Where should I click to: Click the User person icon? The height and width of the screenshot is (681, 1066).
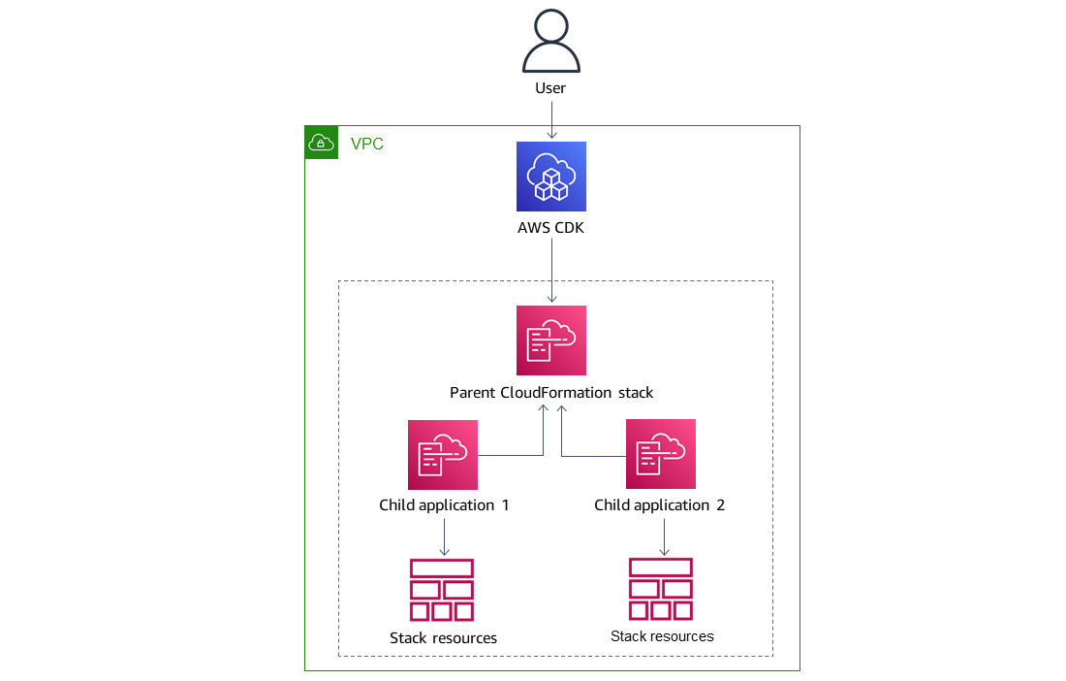tap(550, 42)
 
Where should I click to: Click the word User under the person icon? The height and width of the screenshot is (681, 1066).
tap(550, 88)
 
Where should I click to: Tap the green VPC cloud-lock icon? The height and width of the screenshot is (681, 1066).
tap(321, 143)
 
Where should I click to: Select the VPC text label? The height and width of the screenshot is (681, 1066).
tap(366, 145)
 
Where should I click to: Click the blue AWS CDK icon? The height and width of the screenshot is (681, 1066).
tap(551, 177)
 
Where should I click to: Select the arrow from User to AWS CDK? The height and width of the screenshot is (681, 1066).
tap(551, 119)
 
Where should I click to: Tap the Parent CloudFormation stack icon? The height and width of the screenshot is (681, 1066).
tap(551, 340)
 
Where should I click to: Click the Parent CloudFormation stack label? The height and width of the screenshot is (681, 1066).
tap(551, 393)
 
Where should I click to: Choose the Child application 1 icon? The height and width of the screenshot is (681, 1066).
tap(443, 454)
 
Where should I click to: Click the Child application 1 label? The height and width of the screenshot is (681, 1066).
tap(444, 505)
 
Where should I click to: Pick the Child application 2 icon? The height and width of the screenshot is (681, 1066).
tap(661, 454)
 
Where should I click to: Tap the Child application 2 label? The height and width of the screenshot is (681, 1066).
tap(659, 505)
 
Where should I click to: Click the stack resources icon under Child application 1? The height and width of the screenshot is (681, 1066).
tap(442, 590)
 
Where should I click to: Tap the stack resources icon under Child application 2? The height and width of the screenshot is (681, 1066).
tap(661, 589)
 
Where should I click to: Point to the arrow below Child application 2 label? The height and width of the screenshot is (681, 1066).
tap(663, 536)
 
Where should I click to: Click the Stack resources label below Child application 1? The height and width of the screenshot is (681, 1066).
tap(443, 638)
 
